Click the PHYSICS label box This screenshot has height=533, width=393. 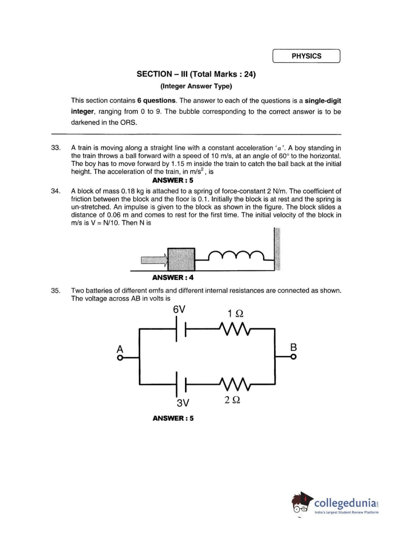coord(306,56)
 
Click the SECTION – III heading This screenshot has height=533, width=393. coord(196,74)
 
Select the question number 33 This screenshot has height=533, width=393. coord(56,148)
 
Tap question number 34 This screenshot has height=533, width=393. coord(56,191)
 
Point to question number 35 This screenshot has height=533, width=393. coord(56,290)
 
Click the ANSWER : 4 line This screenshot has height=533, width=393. coord(173,277)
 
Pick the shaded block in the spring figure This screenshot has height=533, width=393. coord(181,259)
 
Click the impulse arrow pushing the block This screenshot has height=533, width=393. coord(154,260)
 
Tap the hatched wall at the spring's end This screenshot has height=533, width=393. coord(277,249)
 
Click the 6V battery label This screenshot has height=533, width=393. coord(179,309)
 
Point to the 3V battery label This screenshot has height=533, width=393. coord(183,403)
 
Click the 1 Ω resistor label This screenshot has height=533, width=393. coord(235,313)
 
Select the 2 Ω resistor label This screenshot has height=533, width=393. coord(232,400)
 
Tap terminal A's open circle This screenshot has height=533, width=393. coord(119,357)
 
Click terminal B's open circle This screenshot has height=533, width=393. coord(293,357)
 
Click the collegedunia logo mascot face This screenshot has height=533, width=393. coord(301,505)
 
